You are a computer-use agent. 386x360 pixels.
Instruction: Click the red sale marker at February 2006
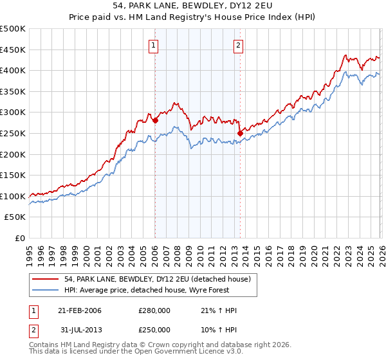(x=155, y=120)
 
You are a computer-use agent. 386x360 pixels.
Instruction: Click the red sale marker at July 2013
(x=240, y=133)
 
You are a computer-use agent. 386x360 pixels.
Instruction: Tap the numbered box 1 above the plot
(x=154, y=45)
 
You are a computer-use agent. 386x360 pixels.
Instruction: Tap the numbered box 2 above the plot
(x=239, y=45)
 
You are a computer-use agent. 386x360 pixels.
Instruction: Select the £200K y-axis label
(x=13, y=154)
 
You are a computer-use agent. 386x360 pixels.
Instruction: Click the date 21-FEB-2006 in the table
(x=80, y=310)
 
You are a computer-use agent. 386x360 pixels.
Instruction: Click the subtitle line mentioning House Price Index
(x=193, y=19)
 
